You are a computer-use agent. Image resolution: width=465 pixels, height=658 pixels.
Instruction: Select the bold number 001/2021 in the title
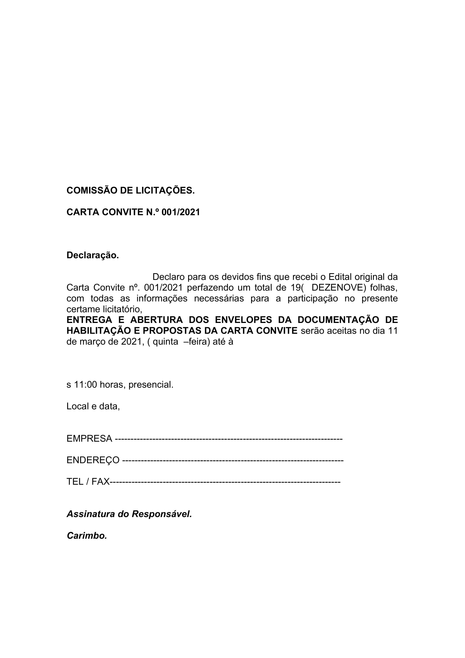(181, 212)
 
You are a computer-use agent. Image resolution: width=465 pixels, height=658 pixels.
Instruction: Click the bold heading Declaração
(92, 255)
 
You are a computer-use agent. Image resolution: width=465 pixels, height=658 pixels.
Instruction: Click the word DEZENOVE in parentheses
(337, 288)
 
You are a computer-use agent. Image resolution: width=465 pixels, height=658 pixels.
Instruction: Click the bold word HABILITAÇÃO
(99, 331)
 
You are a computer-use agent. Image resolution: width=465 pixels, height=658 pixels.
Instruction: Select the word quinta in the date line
(165, 342)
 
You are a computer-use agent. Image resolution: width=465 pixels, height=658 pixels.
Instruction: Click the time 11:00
(86, 385)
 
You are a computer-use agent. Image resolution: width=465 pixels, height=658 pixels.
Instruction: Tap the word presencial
(151, 385)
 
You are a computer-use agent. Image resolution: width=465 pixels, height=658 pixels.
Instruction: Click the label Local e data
(93, 406)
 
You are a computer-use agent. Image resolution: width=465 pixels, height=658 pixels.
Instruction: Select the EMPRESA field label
(89, 439)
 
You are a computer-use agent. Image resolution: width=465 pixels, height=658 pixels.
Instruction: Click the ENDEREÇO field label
(93, 460)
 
